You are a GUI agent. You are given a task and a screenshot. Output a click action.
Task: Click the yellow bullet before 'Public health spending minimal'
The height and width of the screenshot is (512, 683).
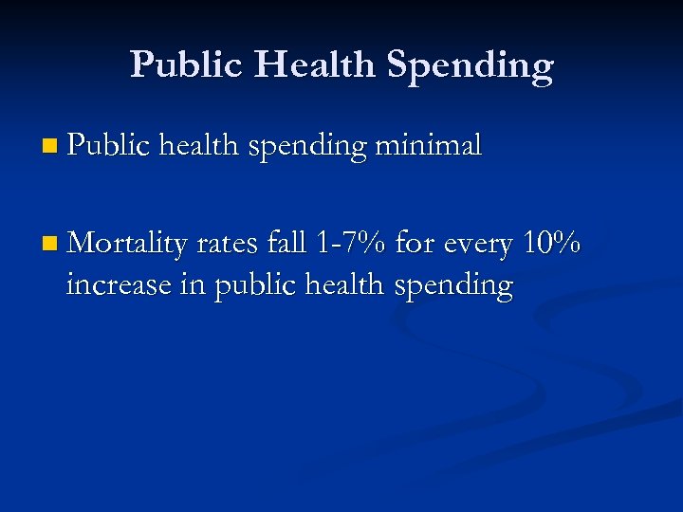(50, 147)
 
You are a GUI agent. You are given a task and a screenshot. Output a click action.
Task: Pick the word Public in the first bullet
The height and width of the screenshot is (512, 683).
(109, 145)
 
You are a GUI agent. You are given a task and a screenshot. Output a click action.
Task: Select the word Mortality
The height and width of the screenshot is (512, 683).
(128, 245)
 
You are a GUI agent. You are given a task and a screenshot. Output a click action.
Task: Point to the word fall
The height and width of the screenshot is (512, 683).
(286, 244)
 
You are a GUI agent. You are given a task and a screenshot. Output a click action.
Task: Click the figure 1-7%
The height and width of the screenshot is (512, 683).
(350, 244)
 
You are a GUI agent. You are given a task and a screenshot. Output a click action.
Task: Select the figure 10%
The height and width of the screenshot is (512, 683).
(553, 244)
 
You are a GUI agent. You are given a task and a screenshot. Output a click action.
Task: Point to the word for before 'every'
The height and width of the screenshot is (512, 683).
(414, 244)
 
